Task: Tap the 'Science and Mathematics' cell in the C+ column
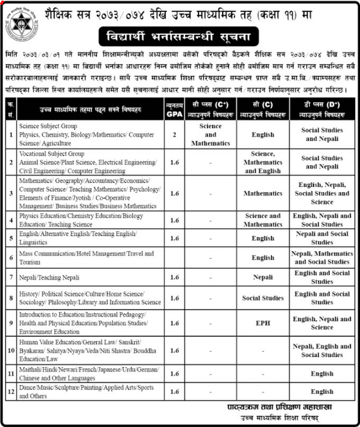point(210,134)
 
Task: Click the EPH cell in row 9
point(263,322)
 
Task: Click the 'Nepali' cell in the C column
point(263,277)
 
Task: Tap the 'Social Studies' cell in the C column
point(263,298)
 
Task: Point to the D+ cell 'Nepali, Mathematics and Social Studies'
point(322,257)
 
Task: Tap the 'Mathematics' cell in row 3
point(263,193)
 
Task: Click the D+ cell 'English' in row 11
point(322,373)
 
